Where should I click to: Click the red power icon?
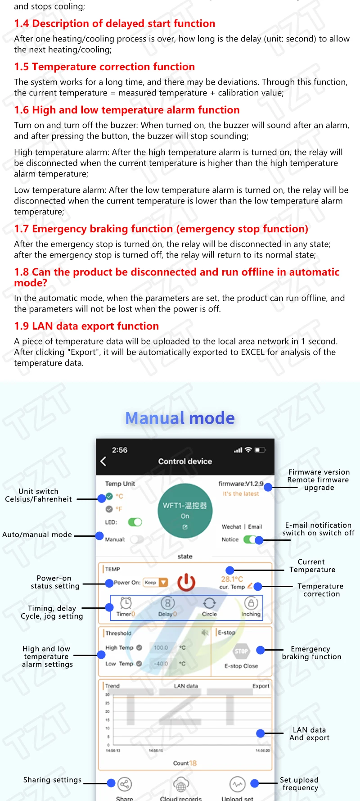186,582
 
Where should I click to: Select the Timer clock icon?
126,603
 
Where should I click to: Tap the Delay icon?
167,603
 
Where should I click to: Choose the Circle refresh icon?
209,603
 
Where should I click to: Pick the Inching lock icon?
251,603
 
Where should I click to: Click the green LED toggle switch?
135,522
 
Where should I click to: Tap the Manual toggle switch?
137,539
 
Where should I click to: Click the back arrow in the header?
103,461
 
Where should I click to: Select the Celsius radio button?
109,496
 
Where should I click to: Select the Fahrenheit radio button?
109,509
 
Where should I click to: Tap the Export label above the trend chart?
261,686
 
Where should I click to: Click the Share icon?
125,784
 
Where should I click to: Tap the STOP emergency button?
241,651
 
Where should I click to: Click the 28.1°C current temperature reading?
232,579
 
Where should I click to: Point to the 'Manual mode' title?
180,418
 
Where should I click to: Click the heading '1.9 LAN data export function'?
86,326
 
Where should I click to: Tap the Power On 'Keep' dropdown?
155,582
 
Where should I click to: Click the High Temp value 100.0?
161,647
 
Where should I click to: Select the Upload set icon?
237,784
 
